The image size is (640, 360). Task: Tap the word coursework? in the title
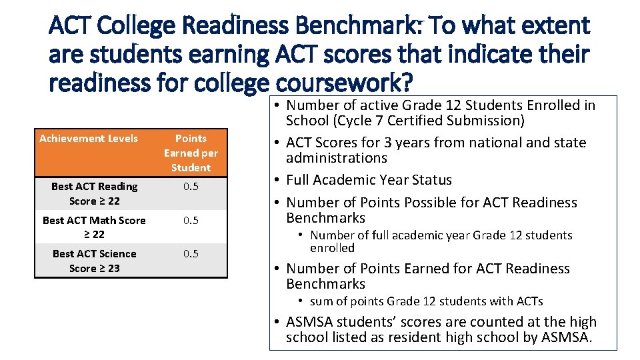pos(344,84)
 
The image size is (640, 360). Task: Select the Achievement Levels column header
pos(89,139)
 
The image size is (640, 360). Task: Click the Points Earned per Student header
pos(191,153)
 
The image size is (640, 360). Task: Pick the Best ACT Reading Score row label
pos(94,193)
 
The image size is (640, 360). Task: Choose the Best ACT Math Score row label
pos(94,227)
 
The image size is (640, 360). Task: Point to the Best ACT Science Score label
pos(94,261)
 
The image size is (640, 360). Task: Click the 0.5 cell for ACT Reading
pos(191,187)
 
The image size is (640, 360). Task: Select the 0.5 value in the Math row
pos(191,221)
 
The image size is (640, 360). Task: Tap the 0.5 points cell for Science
pos(191,254)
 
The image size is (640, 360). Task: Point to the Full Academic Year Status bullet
pos(369,180)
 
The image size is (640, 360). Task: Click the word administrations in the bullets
pos(337,158)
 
